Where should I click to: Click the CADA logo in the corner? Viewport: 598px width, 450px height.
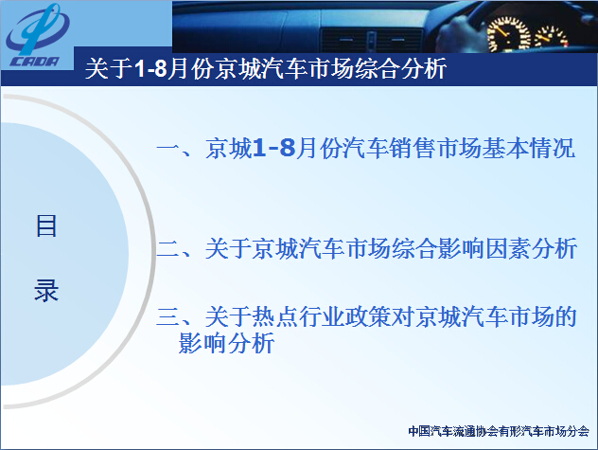click(x=38, y=36)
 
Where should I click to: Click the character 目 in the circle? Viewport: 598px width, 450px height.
click(x=46, y=225)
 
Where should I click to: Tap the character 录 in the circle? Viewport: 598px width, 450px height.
click(x=46, y=290)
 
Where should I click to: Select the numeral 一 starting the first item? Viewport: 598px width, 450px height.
click(x=167, y=148)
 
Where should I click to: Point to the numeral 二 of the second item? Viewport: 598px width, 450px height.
click(x=167, y=249)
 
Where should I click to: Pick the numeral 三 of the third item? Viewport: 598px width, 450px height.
click(x=167, y=317)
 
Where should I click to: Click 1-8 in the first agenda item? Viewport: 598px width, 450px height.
click(x=273, y=148)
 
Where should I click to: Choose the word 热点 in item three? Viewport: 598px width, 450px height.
click(x=275, y=317)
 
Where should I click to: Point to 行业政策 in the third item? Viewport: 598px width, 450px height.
click(x=344, y=317)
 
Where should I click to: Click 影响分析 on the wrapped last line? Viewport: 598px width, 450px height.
click(x=226, y=343)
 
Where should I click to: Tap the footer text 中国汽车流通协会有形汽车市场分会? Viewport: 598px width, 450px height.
click(x=499, y=431)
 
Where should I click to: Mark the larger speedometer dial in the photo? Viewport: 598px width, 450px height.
click(x=509, y=34)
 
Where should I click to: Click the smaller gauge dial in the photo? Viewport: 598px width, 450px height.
click(x=551, y=38)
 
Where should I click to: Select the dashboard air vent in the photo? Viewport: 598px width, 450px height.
click(x=372, y=40)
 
